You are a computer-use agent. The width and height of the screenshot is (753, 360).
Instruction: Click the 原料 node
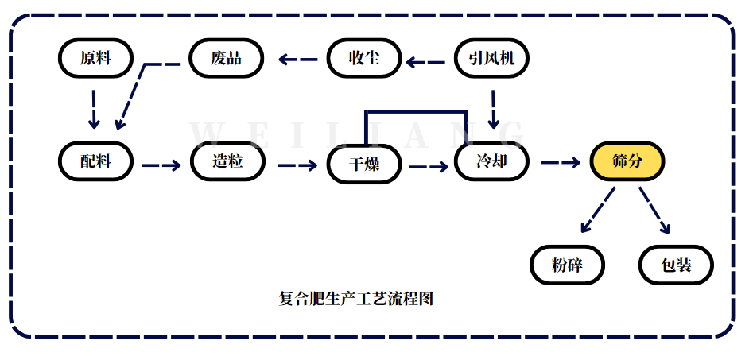click(x=95, y=58)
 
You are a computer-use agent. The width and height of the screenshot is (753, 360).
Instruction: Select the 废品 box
click(x=226, y=58)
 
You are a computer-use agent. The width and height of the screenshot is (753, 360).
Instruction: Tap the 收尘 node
click(x=364, y=58)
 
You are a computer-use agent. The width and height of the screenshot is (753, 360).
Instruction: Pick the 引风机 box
click(x=491, y=58)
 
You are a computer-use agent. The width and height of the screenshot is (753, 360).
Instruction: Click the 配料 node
click(x=95, y=161)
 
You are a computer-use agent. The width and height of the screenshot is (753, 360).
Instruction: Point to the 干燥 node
click(x=365, y=165)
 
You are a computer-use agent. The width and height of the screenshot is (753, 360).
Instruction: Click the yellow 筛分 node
click(x=627, y=161)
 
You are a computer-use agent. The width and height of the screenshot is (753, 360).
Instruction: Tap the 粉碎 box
click(x=567, y=265)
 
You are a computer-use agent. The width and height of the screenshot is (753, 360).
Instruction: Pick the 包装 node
click(x=677, y=265)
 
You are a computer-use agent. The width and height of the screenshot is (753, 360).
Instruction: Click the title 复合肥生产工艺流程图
click(x=356, y=299)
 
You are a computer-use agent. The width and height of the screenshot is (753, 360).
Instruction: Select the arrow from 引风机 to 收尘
click(x=426, y=59)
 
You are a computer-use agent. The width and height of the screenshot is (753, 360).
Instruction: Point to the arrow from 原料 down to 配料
click(x=94, y=109)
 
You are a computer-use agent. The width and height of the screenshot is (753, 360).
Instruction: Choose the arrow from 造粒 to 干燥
click(x=297, y=166)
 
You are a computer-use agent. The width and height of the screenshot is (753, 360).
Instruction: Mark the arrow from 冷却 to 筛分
click(x=561, y=162)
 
